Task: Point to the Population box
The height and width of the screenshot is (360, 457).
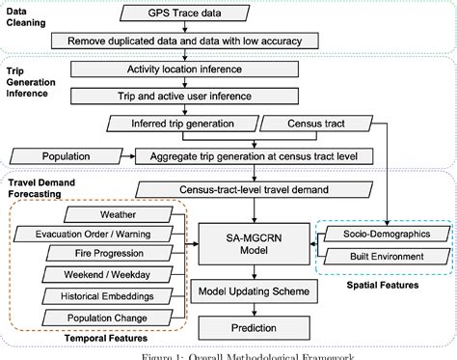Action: click(66, 154)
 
